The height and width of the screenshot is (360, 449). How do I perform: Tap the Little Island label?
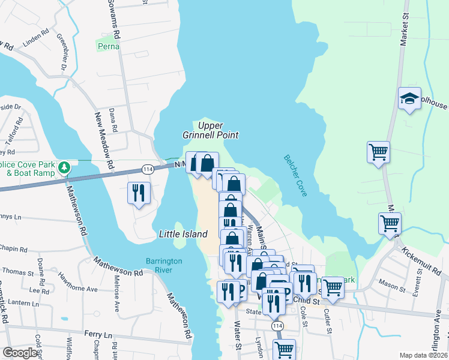click(x=183, y=234)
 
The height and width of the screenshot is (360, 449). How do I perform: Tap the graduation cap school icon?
click(x=409, y=98)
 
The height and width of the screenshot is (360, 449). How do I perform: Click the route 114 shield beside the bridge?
click(x=146, y=170)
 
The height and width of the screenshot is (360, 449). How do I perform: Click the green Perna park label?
click(x=107, y=46)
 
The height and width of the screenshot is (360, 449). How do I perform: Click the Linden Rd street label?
click(x=34, y=41)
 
